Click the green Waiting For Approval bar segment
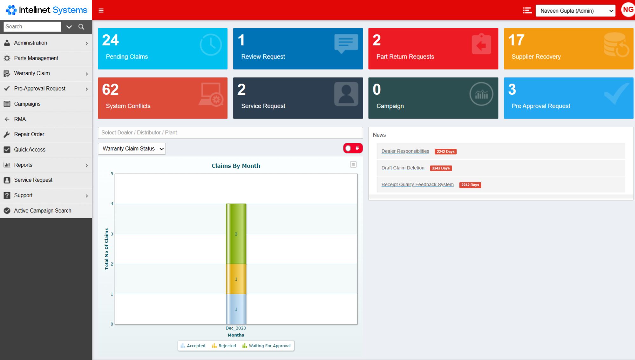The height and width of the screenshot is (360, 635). point(236,234)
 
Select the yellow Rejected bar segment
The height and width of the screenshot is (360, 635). point(236,279)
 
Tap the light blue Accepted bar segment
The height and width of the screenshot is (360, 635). point(236,309)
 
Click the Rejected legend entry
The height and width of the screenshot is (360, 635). point(224,346)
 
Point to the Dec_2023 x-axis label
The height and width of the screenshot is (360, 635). point(236,328)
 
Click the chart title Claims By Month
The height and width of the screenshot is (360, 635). point(236,166)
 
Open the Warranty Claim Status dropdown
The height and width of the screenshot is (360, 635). point(132,149)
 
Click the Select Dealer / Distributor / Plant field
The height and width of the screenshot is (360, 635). point(230,132)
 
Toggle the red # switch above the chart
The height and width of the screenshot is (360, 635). point(352,148)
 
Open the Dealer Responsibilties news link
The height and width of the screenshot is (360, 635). point(405,151)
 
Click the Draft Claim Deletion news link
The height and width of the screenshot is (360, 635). point(403,168)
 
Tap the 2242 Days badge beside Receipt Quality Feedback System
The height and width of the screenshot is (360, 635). point(470,185)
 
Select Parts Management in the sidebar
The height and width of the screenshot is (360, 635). point(36,58)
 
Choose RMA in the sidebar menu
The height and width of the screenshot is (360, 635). point(20,119)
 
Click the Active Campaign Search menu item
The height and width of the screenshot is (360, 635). point(43,211)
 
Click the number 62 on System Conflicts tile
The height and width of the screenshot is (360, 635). point(110,90)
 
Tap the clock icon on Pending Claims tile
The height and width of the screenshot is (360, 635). point(211,45)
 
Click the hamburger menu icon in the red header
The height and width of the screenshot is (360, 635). point(101,10)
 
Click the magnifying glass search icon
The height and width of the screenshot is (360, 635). point(81,27)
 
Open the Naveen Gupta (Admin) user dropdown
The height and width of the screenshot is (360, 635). point(575,11)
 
